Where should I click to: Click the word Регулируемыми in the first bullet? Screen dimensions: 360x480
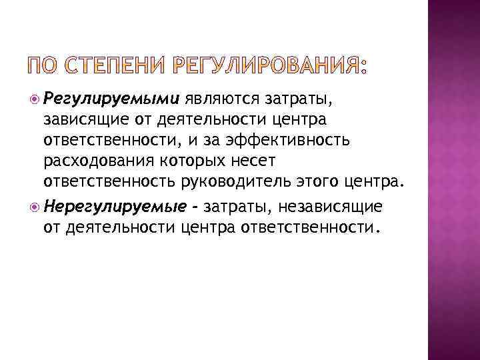[x=111, y=100]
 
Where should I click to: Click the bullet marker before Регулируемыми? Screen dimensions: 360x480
[x=34, y=100]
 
